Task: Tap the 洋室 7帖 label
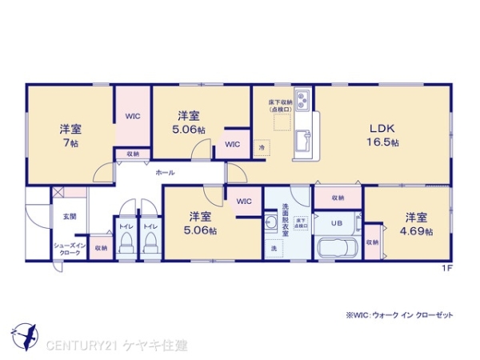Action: pos(70,134)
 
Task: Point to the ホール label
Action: pos(166,172)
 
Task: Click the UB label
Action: pos(338,223)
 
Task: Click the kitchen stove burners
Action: pos(303,101)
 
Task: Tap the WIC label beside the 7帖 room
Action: pos(132,116)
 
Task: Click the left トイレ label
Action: pos(126,226)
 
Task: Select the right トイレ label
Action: pos(150,226)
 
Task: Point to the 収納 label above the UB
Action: pos(338,198)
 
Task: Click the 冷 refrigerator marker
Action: pos(261,148)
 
